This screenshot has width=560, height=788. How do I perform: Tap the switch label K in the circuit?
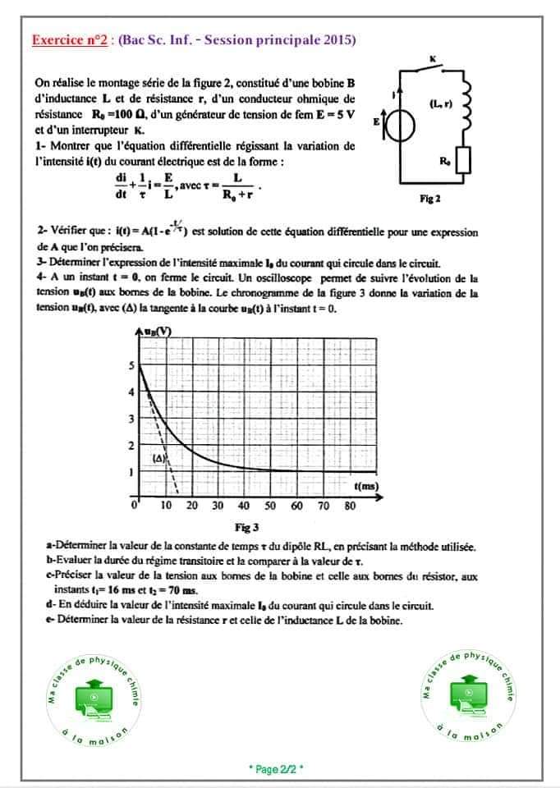(433, 58)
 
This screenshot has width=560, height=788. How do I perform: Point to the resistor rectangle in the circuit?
(464, 161)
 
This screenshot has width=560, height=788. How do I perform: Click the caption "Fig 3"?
(246, 527)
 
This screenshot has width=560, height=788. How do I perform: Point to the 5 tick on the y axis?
(131, 367)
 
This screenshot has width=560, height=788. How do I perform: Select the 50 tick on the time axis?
(270, 506)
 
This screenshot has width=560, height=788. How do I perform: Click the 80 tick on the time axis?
(350, 506)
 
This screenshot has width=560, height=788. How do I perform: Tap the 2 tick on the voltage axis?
(131, 446)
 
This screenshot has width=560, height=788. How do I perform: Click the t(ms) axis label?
(365, 487)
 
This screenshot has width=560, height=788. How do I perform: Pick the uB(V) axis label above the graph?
(157, 331)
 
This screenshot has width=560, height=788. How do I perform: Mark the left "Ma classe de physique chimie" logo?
(91, 696)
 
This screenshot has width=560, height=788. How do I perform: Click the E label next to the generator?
(376, 121)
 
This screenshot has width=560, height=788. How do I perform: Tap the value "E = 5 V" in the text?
(336, 113)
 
